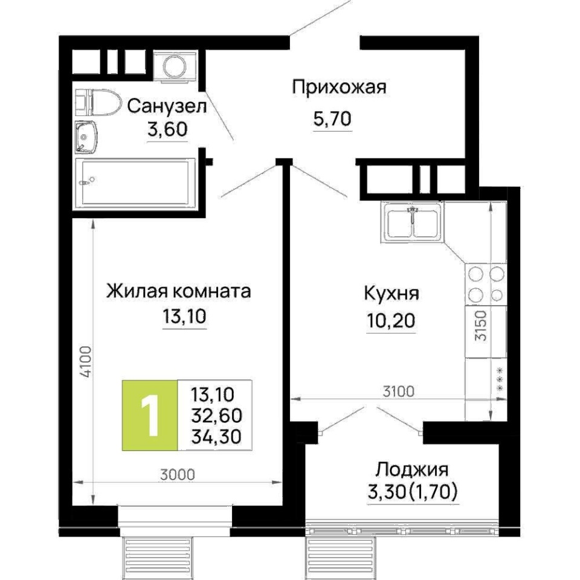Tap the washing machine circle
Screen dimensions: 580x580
[175, 67]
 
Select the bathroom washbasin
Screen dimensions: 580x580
[86, 137]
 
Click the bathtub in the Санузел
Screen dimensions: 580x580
[135, 181]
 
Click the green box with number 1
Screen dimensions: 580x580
[150, 415]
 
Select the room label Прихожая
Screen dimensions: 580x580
[339, 87]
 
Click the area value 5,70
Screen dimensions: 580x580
[332, 119]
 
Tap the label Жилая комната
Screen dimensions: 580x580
[179, 291]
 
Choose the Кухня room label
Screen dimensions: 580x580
[391, 294]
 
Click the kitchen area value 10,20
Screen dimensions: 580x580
[391, 320]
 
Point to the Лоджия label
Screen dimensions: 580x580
[412, 470]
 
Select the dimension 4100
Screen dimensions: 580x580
[86, 361]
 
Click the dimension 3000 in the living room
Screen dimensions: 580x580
[178, 475]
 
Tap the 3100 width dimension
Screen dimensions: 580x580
[398, 391]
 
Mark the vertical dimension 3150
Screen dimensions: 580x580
[482, 326]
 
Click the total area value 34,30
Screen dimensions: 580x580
[216, 436]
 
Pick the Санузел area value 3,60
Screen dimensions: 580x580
[167, 129]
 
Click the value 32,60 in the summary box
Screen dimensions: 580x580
[216, 416]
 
